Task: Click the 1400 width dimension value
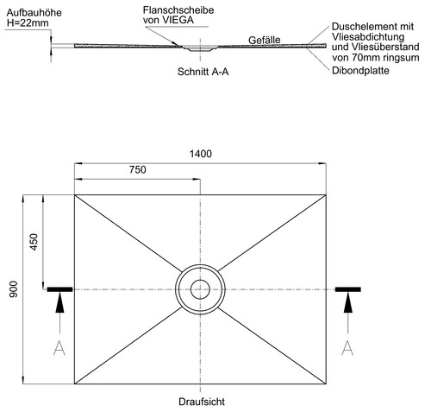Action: [x=201, y=154]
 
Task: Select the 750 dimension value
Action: [x=138, y=169]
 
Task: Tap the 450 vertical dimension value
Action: [x=34, y=242]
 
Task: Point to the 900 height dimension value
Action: [x=14, y=289]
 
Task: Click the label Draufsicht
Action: [x=202, y=402]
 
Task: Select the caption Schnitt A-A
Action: [x=203, y=72]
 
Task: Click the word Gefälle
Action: [x=265, y=40]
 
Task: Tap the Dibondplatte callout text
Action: [x=360, y=71]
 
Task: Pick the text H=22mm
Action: [x=28, y=23]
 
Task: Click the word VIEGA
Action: [x=178, y=20]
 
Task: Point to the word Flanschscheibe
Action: [x=178, y=10]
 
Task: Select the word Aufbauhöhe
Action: [x=34, y=13]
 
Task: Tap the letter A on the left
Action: [x=59, y=348]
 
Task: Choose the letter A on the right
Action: [x=347, y=348]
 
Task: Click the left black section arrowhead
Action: [x=59, y=302]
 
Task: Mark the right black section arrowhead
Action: [x=348, y=302]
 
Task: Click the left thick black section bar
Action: [x=59, y=289]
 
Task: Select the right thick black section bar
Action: [x=348, y=289]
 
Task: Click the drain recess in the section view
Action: [x=200, y=48]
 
